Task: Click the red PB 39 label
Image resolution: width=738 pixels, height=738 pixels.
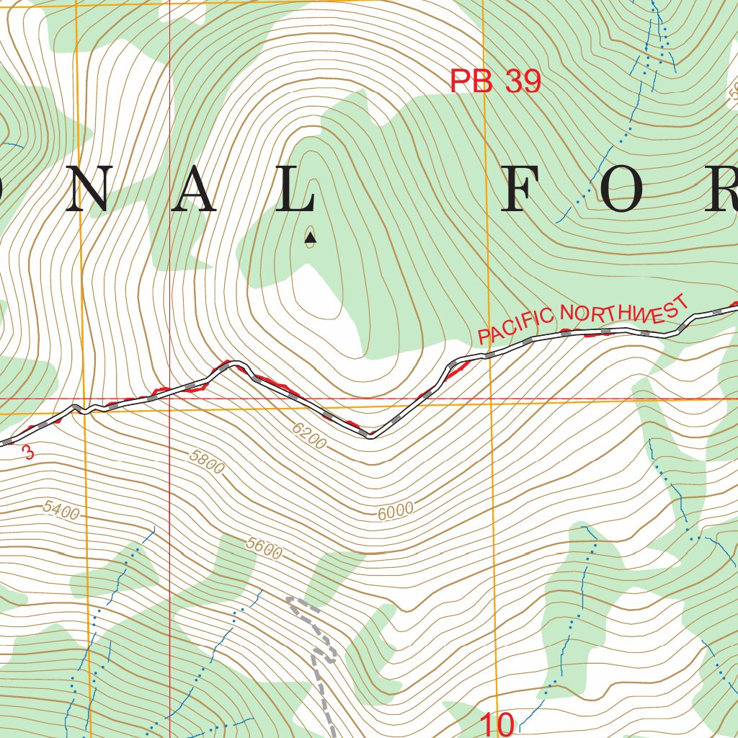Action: coord(495,81)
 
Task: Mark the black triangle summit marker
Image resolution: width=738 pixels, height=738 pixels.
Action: coord(310,236)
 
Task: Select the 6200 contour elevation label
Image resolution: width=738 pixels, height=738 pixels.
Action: coord(310,435)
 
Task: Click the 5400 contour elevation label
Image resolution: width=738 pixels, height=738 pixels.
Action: coord(61,510)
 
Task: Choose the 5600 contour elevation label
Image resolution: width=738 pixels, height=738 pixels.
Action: coord(263,548)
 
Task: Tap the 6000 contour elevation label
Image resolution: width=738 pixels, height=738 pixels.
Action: coord(395,510)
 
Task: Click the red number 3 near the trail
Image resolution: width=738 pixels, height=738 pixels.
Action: coord(28,453)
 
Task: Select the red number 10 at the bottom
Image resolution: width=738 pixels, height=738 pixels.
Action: coord(497,724)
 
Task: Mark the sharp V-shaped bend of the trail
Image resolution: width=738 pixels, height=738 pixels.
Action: coord(369,435)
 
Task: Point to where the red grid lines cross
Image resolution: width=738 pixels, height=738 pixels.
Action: coord(169,398)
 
